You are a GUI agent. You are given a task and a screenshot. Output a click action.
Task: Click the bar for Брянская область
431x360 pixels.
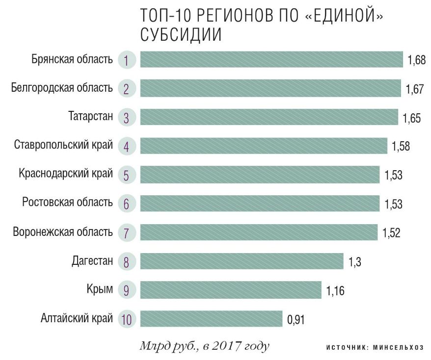point(271,60)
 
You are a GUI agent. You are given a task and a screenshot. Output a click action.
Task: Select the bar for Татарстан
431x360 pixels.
point(269,117)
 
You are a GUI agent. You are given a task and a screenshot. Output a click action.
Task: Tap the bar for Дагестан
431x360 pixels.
point(242,261)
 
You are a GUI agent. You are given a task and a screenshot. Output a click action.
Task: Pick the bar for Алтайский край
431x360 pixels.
point(211,319)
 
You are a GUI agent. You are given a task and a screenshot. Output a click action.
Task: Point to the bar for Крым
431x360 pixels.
point(231,290)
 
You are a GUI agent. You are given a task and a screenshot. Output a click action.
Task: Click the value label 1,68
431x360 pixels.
point(416,61)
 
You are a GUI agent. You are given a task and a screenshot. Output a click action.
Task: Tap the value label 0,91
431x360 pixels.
point(296,320)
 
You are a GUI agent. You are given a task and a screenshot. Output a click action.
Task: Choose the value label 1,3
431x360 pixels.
point(355,262)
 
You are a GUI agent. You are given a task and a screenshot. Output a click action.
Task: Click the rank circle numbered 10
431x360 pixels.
point(126,320)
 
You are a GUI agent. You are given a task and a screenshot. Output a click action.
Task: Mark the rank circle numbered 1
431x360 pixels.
point(126,60)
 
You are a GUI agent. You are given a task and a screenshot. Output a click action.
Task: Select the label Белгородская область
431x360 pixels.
point(62,88)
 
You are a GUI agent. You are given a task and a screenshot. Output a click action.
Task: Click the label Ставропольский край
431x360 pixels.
point(64,145)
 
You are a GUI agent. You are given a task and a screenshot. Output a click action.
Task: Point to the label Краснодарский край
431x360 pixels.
point(65,174)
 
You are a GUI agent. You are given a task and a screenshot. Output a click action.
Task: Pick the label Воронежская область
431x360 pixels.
point(63,231)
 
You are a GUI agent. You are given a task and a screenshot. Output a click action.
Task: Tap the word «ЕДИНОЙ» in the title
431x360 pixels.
point(343,16)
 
